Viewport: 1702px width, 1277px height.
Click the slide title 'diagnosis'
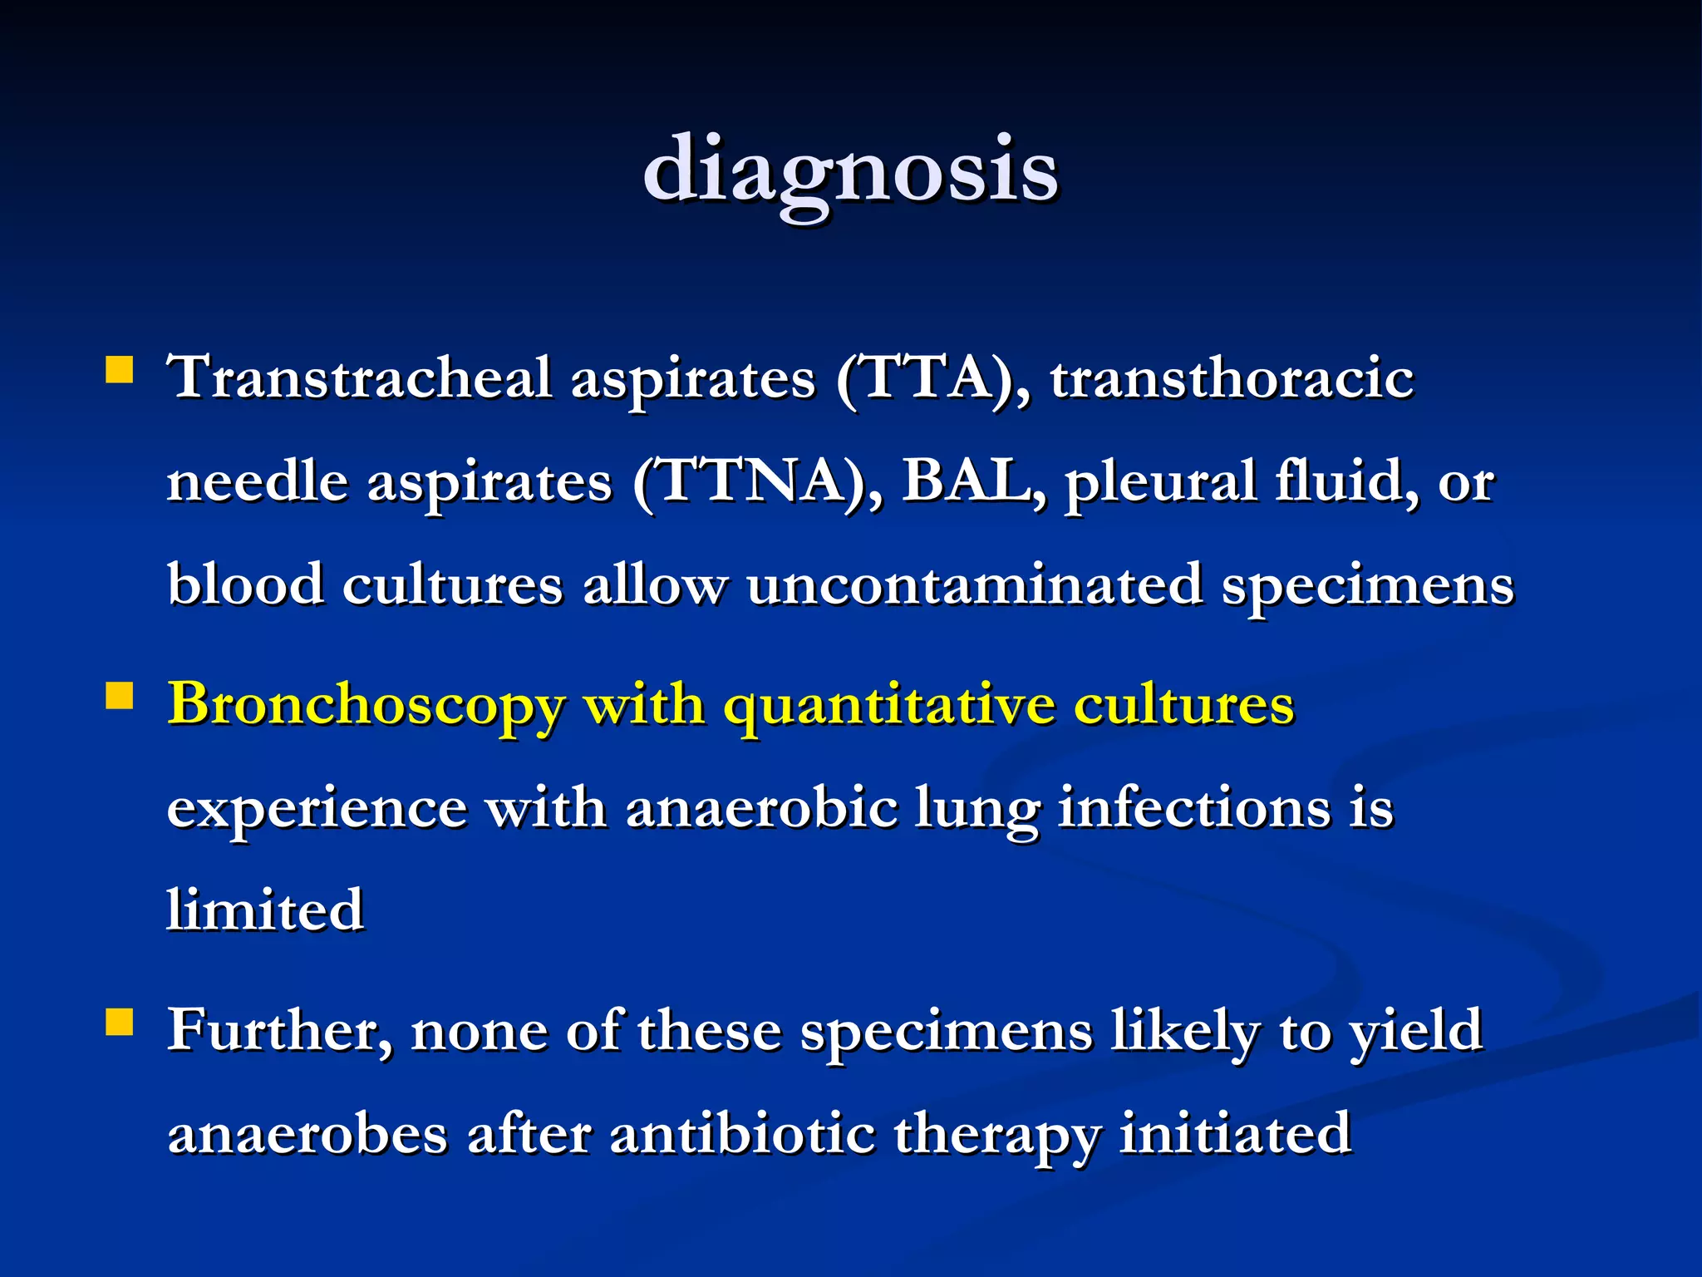850,170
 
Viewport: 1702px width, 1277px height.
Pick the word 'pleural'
1161,482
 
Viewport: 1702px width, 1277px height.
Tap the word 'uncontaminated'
974,584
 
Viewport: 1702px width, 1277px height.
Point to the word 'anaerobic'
760,808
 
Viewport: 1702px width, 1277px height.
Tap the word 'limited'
265,910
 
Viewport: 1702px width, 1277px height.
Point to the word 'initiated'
1235,1134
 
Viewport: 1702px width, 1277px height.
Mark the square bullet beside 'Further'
120,1022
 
